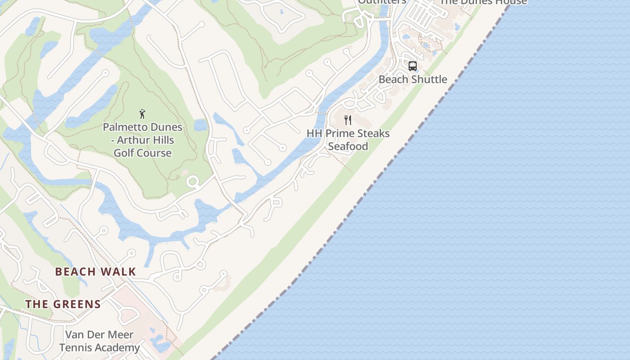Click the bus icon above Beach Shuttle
[413, 66]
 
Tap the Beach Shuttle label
[413, 80]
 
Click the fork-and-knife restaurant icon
[348, 120]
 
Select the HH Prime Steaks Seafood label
[348, 139]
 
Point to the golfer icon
[143, 114]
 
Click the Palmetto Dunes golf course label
[143, 140]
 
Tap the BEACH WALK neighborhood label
[95, 272]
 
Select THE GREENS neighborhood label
[63, 304]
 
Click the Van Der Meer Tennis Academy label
[99, 341]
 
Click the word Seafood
[348, 146]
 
